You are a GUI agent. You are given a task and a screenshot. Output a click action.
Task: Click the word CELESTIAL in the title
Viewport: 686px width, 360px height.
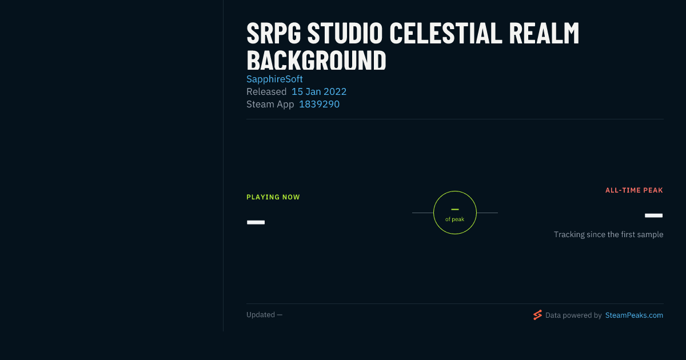click(x=445, y=33)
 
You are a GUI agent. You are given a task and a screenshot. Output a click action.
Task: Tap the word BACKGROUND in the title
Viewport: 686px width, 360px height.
click(x=316, y=61)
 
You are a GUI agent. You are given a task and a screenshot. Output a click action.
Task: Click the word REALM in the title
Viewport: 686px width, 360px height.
click(x=544, y=33)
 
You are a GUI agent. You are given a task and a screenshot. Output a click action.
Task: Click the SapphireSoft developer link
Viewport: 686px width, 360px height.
click(x=274, y=79)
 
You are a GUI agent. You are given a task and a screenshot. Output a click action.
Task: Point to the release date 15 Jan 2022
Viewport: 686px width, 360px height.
click(x=319, y=91)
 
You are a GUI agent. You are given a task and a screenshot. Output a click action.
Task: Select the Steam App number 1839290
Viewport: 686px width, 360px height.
click(x=319, y=104)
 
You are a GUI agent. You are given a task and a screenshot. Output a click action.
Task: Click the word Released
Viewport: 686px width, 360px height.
click(x=266, y=91)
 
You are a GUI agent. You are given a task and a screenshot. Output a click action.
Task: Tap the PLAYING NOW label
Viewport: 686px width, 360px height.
click(x=273, y=197)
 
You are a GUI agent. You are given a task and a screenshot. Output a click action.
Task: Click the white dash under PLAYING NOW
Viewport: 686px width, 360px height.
click(x=256, y=222)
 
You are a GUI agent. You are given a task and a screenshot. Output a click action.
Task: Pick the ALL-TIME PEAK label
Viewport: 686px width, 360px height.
click(x=634, y=190)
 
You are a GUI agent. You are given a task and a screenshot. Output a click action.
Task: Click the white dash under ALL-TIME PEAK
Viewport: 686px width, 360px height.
click(x=653, y=215)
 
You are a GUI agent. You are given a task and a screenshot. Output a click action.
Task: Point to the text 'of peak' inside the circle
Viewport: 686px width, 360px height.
click(x=454, y=219)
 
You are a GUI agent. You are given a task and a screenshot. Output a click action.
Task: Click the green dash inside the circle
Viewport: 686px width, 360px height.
click(x=455, y=209)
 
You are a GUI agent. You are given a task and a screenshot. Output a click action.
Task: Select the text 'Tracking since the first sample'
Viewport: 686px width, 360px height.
click(x=608, y=234)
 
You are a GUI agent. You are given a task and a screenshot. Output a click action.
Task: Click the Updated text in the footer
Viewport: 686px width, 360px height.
click(x=264, y=315)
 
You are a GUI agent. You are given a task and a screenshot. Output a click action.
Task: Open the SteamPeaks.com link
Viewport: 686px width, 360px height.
click(x=634, y=315)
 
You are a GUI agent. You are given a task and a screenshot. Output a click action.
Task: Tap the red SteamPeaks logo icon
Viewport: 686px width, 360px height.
click(x=537, y=315)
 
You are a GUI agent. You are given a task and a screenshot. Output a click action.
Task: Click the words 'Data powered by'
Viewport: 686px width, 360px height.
click(x=573, y=315)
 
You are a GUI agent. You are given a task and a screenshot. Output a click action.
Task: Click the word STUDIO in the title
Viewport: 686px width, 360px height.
click(x=345, y=33)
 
